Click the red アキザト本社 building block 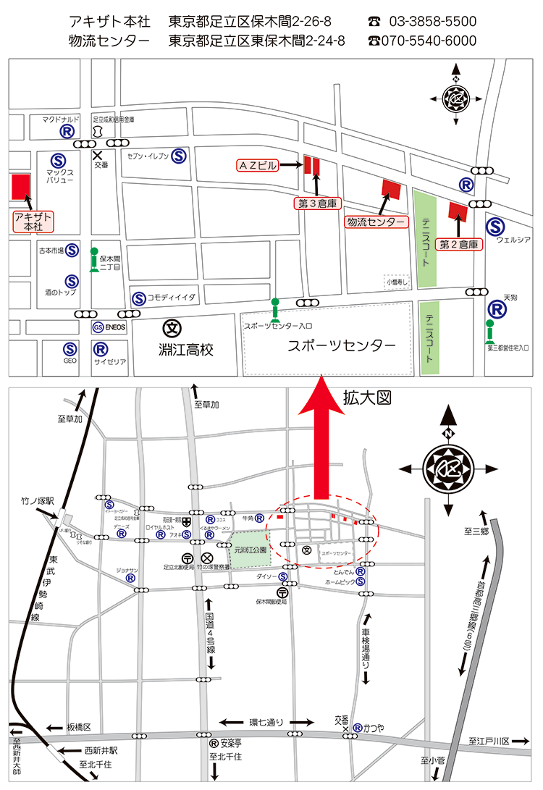click(x=21, y=186)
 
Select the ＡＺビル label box click(x=257, y=165)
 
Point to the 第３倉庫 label click(x=317, y=203)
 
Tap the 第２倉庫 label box click(x=459, y=244)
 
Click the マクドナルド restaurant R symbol click(x=67, y=132)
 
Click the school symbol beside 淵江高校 click(x=172, y=328)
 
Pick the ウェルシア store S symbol click(x=496, y=226)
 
